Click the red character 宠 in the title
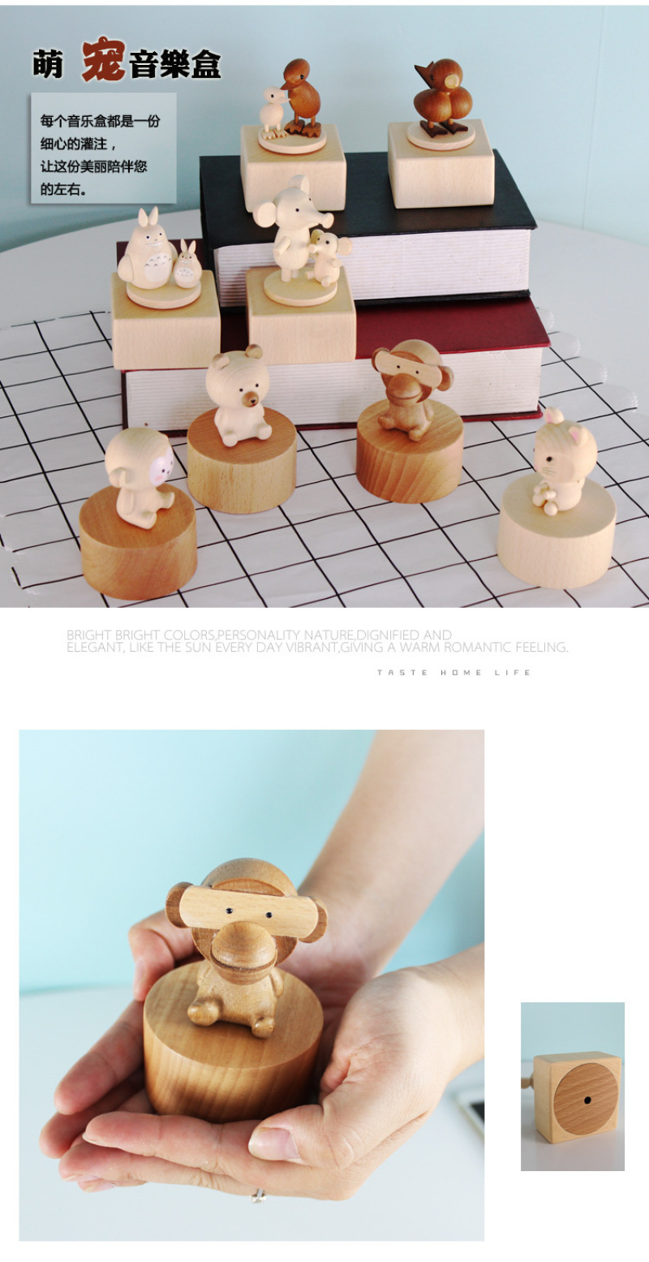pyautogui.click(x=103, y=60)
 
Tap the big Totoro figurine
pyautogui.click(x=148, y=250)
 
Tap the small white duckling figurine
pyautogui.click(x=273, y=114)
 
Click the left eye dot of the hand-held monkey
pyautogui.click(x=230, y=911)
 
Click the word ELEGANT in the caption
pyautogui.click(x=95, y=648)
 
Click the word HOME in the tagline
pyautogui.click(x=461, y=672)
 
